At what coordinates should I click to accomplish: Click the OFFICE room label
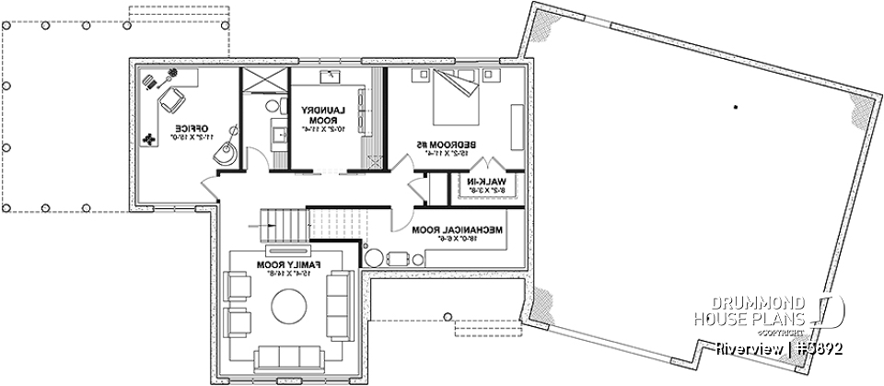coord(192,132)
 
